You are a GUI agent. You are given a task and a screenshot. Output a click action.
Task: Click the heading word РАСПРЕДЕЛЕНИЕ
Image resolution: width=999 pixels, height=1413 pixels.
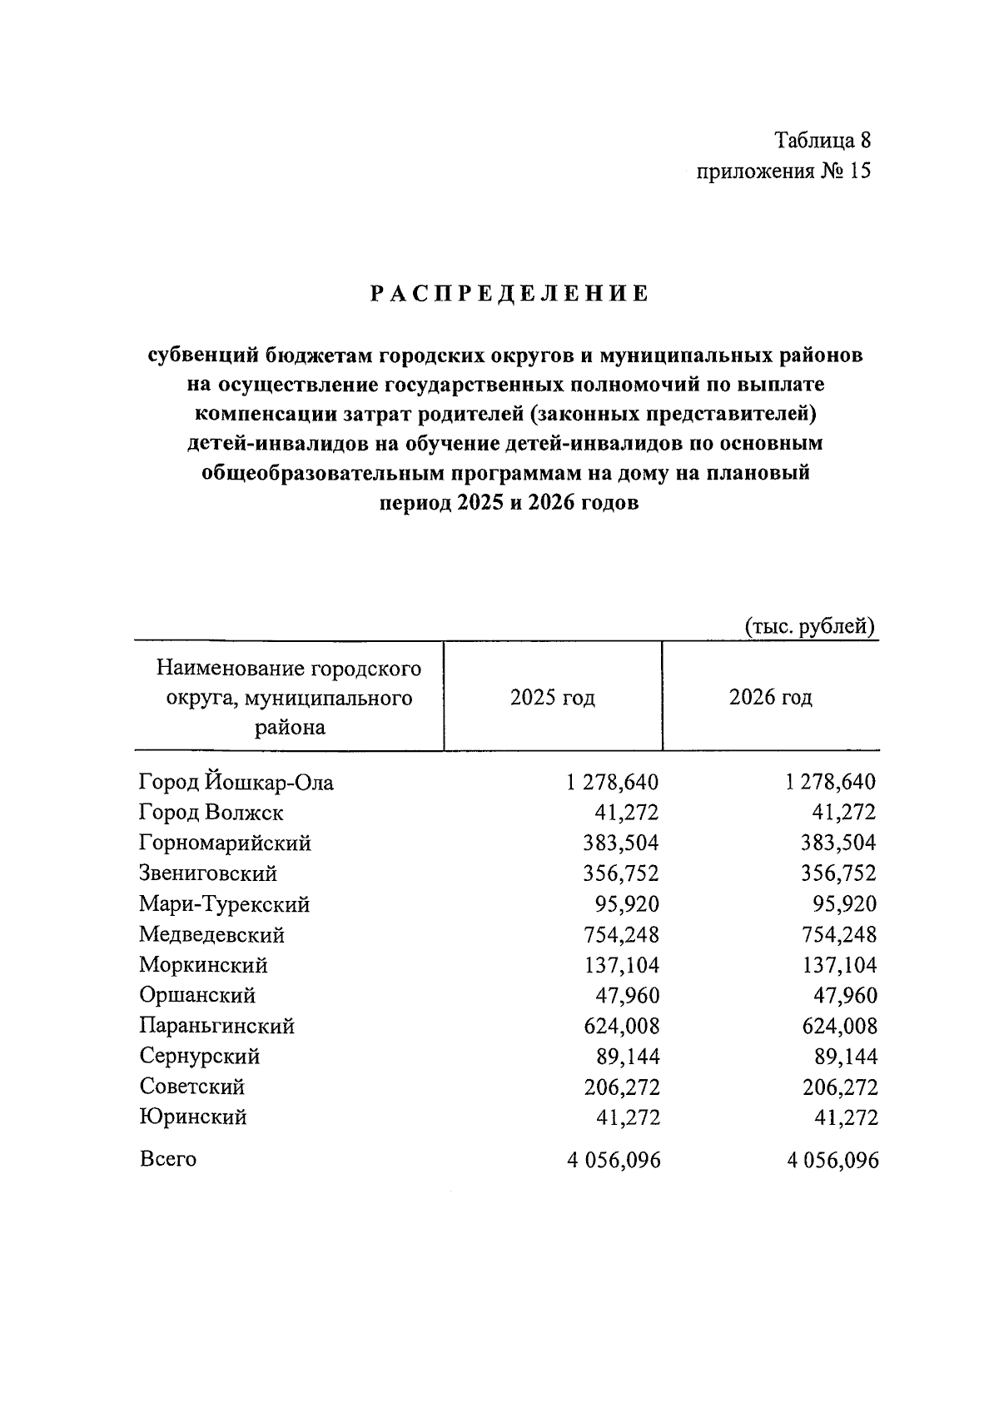point(509,295)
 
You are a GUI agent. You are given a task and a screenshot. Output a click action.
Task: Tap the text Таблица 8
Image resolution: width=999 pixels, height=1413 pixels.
point(823,139)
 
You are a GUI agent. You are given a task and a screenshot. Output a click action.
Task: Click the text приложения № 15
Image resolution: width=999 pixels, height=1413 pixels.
point(783,172)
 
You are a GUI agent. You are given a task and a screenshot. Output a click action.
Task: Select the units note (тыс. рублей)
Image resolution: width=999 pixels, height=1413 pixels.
point(808,625)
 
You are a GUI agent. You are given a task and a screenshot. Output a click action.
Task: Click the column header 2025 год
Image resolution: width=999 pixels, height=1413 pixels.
point(553,697)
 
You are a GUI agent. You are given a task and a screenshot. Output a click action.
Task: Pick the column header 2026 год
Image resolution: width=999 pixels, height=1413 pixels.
point(770,697)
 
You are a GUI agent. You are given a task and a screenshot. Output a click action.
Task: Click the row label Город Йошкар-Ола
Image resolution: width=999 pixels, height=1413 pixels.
point(236,783)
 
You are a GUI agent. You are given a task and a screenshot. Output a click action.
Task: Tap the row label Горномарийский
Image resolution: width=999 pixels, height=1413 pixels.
point(225,843)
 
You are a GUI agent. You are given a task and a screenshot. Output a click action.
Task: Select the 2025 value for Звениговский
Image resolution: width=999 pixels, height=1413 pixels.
point(620,873)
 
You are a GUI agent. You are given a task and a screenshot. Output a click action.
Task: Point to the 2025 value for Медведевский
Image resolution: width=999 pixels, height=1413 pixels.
point(620,935)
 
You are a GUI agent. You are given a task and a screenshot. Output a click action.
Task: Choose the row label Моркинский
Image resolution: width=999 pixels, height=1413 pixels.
point(203,966)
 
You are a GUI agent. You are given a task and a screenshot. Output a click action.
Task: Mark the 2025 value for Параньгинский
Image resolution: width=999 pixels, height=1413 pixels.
point(621,1027)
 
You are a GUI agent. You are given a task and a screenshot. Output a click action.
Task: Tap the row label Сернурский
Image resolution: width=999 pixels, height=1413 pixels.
point(200,1057)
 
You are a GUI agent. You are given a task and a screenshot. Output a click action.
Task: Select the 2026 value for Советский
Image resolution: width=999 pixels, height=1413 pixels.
point(839,1087)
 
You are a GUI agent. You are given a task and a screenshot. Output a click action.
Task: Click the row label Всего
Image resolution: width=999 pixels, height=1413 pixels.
point(168,1159)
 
